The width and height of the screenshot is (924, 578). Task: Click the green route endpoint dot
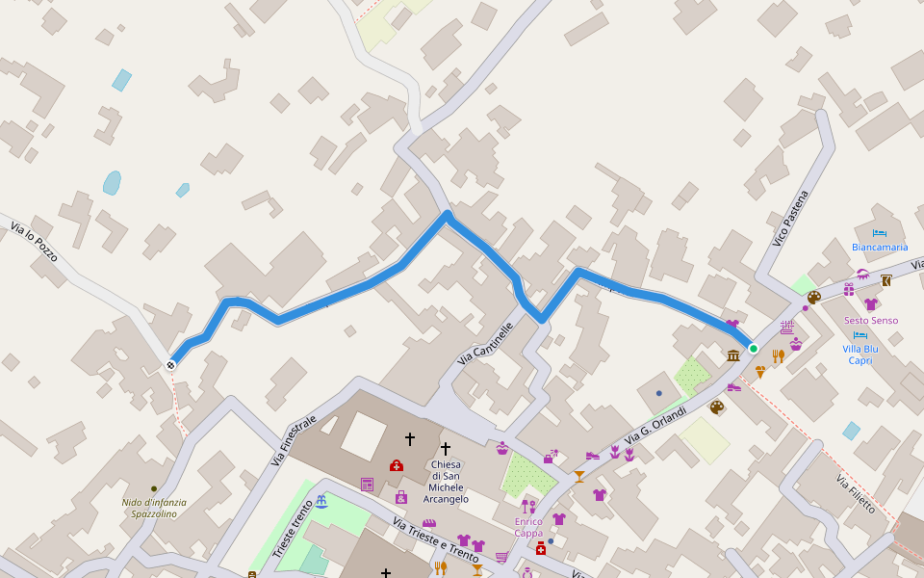coord(753,348)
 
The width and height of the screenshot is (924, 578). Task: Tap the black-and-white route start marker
coord(170,364)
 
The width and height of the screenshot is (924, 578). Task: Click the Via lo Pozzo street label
coord(34,244)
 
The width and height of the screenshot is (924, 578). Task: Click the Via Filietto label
coord(855,493)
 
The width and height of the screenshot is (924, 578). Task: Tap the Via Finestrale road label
coord(294,439)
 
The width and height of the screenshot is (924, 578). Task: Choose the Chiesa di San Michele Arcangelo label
coord(446,482)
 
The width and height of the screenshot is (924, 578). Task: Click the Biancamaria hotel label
coord(880,248)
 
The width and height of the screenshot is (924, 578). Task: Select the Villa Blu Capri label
coord(860,355)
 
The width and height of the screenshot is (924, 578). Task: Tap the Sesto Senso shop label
coord(871,320)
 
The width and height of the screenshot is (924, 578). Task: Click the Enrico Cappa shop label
coord(528,527)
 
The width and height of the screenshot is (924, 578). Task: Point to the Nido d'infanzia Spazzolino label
coord(154,508)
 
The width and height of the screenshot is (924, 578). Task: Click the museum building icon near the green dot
coord(733,355)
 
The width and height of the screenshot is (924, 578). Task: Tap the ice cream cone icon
coord(760,371)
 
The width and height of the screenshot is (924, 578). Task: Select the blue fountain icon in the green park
coord(321,502)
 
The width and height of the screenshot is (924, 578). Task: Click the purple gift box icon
coord(849,289)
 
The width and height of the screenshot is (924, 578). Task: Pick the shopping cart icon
coord(501,556)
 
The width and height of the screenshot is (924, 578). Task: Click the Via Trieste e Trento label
coord(436,539)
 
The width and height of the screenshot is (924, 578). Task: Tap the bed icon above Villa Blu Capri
coord(860,335)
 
